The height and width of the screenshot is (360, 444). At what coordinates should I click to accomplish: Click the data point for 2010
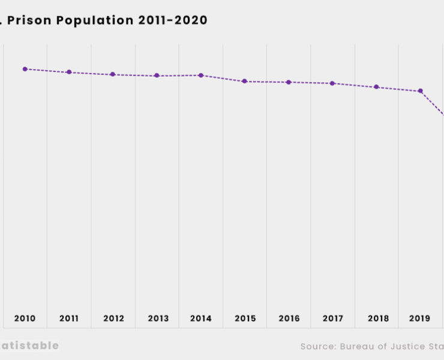[25, 69]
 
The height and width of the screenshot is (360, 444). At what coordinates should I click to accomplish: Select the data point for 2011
[69, 72]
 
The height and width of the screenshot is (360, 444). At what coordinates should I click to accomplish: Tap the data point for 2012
[113, 74]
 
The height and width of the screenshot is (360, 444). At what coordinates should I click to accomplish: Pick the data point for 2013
[157, 76]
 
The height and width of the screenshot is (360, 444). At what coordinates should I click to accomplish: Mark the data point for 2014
[201, 75]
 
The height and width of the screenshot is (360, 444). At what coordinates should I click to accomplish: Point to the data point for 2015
[245, 81]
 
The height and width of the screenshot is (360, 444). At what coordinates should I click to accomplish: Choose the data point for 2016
[289, 82]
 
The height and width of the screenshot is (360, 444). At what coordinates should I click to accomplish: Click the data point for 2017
[332, 83]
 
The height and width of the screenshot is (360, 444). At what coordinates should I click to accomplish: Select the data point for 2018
[376, 87]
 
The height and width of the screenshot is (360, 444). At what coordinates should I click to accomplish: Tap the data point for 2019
[421, 91]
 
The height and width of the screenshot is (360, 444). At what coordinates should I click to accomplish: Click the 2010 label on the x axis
[25, 319]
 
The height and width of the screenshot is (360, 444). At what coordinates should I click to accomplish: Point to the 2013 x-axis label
[157, 319]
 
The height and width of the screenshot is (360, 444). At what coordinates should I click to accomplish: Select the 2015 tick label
[245, 319]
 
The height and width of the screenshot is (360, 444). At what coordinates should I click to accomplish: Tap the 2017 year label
[332, 319]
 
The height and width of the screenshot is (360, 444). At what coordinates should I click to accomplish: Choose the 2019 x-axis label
[420, 319]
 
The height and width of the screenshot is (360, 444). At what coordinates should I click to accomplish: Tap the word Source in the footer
[318, 346]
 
